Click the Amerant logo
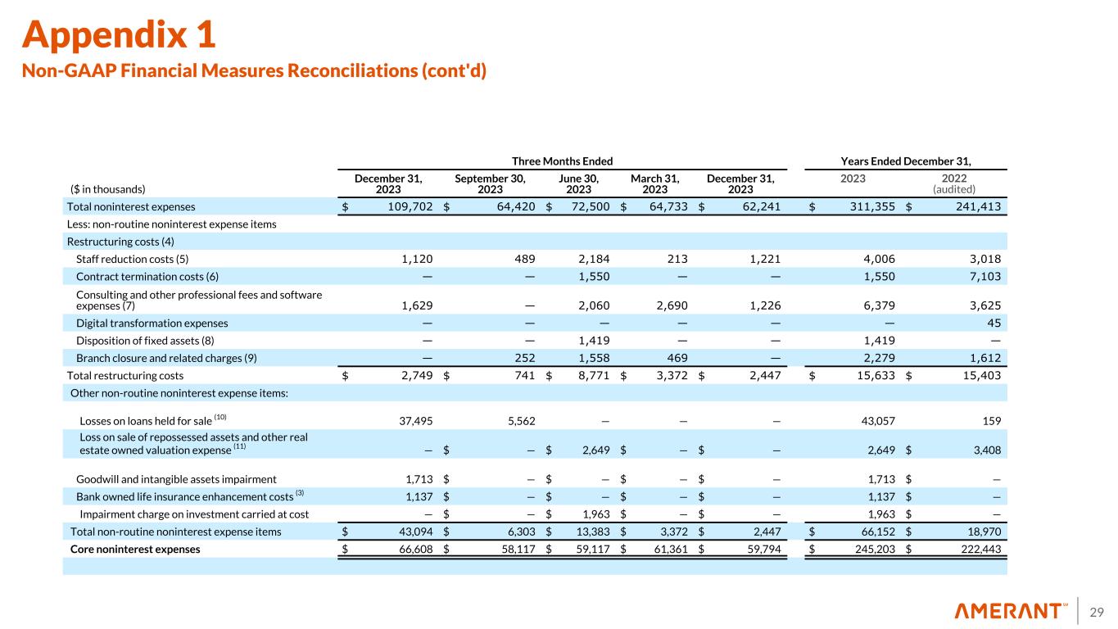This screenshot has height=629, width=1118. pyautogui.click(x=1011, y=611)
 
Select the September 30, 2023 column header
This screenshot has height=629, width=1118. pyautogui.click(x=490, y=182)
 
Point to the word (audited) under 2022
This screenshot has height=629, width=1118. pyautogui.click(x=953, y=188)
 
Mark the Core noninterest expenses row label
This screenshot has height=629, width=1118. pyautogui.click(x=135, y=550)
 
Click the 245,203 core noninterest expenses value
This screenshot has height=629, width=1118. pyautogui.click(x=871, y=550)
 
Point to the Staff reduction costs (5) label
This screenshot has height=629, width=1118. pyautogui.click(x=133, y=259)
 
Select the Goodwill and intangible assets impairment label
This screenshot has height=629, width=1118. pyautogui.click(x=176, y=479)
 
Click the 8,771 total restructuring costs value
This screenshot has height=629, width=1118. pyautogui.click(x=591, y=375)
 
